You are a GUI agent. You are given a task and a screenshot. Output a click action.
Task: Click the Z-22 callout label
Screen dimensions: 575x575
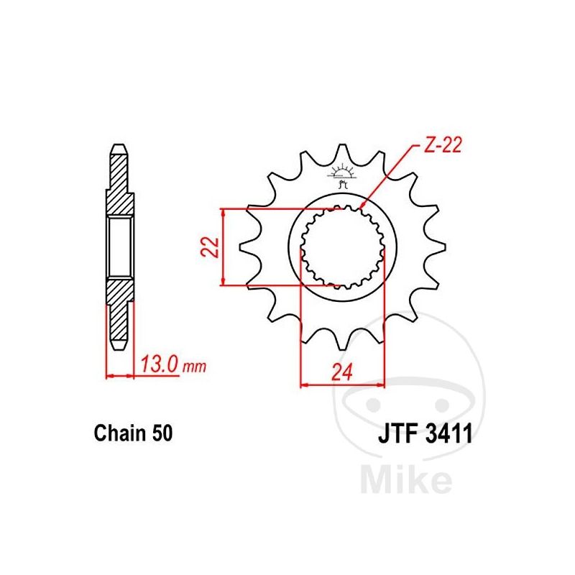click(x=443, y=145)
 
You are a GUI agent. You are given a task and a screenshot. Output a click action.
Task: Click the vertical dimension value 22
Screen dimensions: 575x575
click(x=210, y=247)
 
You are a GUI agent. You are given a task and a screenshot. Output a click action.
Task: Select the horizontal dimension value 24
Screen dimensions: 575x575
click(x=342, y=372)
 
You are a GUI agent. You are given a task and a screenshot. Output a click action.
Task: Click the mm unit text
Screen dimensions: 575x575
click(x=194, y=367)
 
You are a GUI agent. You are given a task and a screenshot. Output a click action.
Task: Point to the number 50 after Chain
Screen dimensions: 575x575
click(x=162, y=433)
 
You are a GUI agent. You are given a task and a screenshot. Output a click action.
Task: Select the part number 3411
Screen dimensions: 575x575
click(x=449, y=433)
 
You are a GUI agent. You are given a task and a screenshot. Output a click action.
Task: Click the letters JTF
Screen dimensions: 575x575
click(x=398, y=433)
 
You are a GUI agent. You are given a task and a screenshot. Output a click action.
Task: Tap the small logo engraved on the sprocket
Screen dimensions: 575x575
click(x=342, y=175)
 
